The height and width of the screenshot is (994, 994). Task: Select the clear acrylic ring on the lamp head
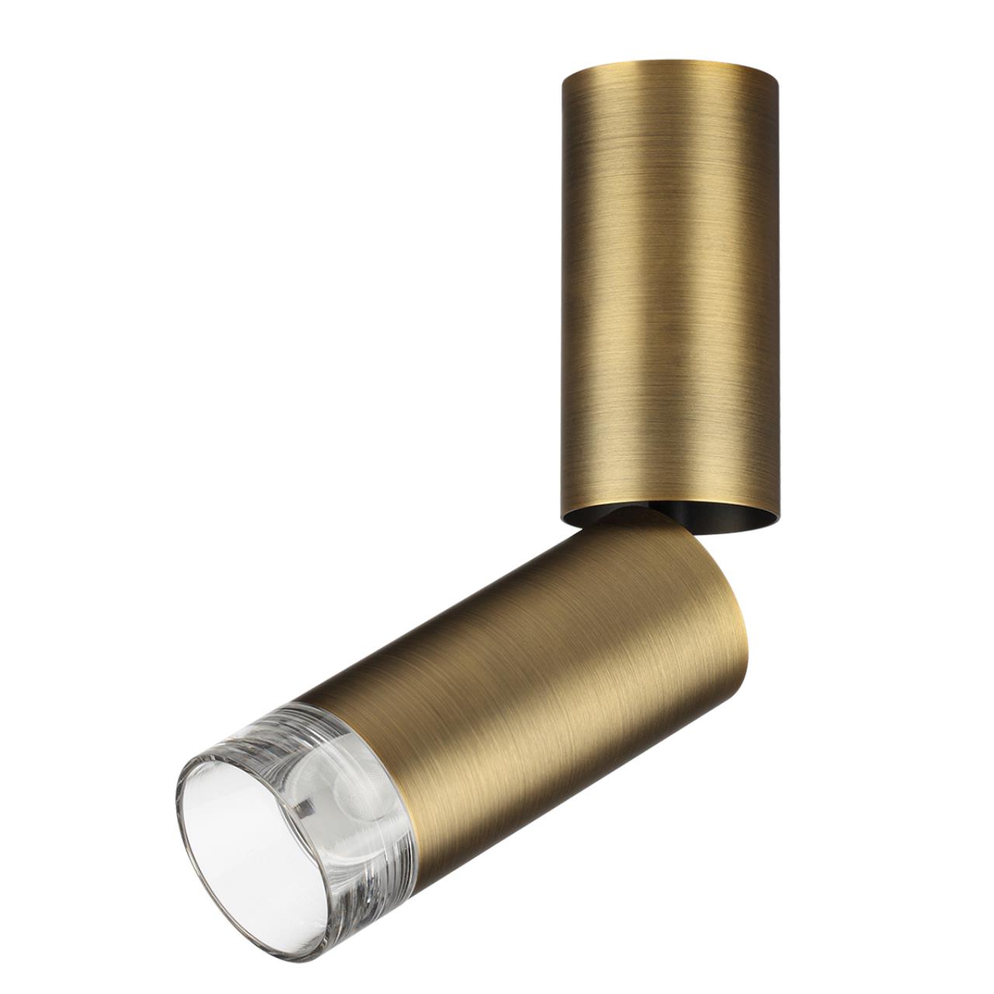[x=311, y=745]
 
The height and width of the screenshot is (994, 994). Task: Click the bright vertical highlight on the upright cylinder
[x=656, y=295]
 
